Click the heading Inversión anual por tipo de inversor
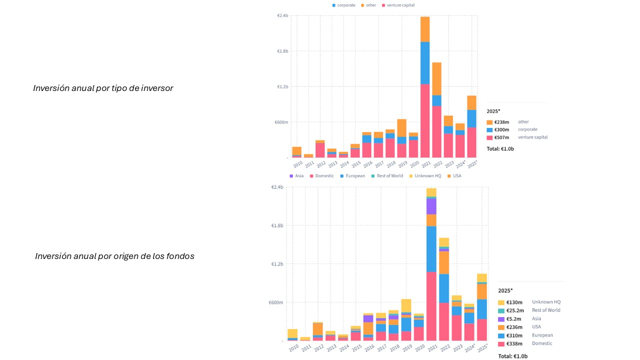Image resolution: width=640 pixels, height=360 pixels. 103,88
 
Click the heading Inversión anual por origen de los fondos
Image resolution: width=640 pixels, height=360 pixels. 114,256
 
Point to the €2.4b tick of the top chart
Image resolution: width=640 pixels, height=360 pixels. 282,16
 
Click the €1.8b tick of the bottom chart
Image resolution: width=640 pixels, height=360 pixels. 277,225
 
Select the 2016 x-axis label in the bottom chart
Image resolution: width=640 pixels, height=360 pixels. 369,347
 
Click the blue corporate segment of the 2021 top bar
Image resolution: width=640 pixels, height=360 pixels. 425,62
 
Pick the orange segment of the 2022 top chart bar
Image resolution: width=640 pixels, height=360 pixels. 436,78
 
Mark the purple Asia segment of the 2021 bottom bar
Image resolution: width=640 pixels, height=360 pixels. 431,206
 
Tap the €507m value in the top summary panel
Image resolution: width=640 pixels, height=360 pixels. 501,137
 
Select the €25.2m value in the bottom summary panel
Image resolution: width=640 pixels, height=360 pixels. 514,310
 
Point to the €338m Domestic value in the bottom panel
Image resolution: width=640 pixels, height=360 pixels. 514,343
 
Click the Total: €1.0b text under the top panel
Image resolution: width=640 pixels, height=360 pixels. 500,149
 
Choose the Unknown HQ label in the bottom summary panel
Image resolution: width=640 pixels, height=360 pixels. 546,302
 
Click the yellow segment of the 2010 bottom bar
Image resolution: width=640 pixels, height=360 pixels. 292,333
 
